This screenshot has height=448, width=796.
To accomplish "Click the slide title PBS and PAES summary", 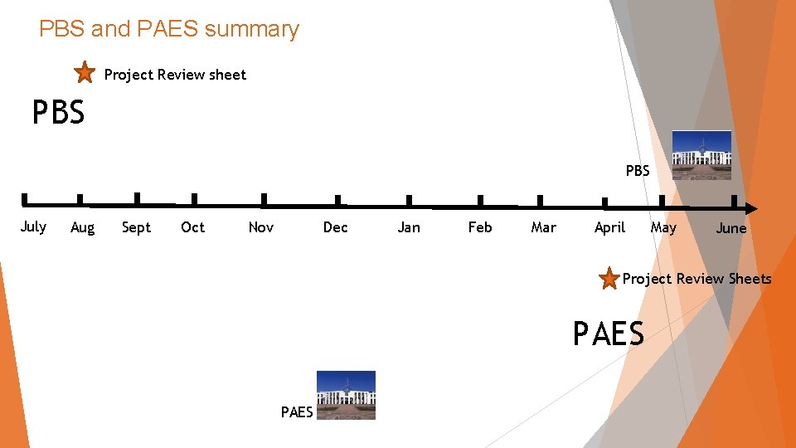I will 168,29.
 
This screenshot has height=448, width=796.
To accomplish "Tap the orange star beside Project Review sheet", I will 85,73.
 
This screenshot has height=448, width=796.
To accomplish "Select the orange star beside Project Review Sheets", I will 609,279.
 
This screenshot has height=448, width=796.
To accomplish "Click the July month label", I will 33,226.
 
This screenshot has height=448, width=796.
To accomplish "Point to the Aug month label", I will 82,227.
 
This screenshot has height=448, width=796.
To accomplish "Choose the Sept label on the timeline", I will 136,227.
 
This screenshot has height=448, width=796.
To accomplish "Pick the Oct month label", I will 192,227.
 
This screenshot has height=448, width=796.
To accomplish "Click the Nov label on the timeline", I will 260,227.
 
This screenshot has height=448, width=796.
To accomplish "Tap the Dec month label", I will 335,227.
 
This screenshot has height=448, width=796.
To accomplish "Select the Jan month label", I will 409,227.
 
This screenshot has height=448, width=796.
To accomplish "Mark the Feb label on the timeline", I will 480,227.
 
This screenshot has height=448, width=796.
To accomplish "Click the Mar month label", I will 543,227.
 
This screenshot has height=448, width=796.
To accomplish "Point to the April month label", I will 609,227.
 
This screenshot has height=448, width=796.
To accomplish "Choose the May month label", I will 663,227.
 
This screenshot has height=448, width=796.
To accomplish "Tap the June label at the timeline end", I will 730,228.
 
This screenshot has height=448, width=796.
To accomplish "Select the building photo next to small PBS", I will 701,155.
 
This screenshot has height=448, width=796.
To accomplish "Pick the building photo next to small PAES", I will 346,395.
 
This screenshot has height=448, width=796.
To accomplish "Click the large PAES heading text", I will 608,334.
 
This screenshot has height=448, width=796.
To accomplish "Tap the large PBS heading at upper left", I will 58,112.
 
